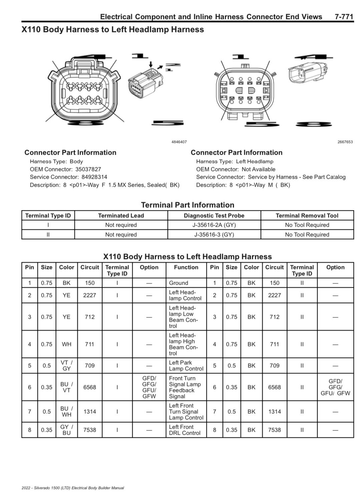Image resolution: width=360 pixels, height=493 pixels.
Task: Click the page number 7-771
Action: pyautogui.click(x=344, y=17)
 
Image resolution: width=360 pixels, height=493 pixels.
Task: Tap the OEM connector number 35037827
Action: pyautogui.click(x=88, y=169)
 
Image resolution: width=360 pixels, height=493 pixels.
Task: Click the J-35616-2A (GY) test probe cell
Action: pyautogui.click(x=214, y=225)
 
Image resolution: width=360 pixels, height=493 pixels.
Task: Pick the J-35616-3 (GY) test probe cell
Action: pyautogui.click(x=214, y=235)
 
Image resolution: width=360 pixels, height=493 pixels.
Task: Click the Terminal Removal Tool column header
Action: pyautogui.click(x=307, y=216)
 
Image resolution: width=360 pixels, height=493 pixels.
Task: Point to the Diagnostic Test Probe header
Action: pyautogui.click(x=214, y=216)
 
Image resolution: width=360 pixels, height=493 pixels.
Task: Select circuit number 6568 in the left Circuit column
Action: pyautogui.click(x=89, y=387)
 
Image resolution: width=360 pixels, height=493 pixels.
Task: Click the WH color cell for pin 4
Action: pyautogui.click(x=66, y=344)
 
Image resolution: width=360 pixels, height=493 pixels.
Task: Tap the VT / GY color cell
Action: pyautogui.click(x=66, y=366)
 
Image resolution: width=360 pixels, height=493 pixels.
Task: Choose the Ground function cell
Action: pyautogui.click(x=178, y=283)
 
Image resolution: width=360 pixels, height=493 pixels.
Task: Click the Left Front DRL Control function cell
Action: pyautogui.click(x=185, y=430)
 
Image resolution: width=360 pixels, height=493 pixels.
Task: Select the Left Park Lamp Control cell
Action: pyautogui.click(x=186, y=366)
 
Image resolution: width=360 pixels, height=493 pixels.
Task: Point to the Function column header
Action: pyautogui.click(x=186, y=267)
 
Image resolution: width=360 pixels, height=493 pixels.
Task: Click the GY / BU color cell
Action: pyautogui.click(x=66, y=430)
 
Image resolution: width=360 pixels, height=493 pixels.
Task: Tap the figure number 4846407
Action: pyautogui.click(x=179, y=142)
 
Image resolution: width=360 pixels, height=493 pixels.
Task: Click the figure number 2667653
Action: pyautogui.click(x=345, y=142)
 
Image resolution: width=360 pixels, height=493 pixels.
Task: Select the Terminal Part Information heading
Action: pyautogui.click(x=188, y=205)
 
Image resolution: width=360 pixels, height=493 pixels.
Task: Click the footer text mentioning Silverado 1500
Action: pyautogui.click(x=73, y=488)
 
